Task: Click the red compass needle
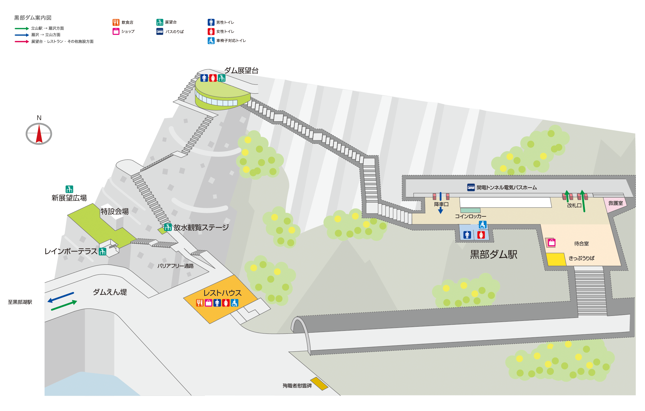coord(39,134)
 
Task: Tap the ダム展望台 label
coord(241,70)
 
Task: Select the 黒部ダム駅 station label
coord(494,254)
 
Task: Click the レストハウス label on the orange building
coord(223,293)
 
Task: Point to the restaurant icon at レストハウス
coord(200,303)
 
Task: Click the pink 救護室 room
coord(615,204)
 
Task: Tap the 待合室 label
coord(581,243)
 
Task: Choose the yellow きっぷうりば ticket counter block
coord(556,260)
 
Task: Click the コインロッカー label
coord(471,216)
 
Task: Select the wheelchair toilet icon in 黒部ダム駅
coord(483,225)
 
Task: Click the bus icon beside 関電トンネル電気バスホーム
coord(471,187)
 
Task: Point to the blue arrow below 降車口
coord(440,210)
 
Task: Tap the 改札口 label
coord(574,206)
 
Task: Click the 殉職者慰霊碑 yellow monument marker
coord(319,384)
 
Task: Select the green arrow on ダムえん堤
coord(64,305)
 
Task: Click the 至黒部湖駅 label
coord(20,302)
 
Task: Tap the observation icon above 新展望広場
coord(69,189)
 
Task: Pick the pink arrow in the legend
coord(22,42)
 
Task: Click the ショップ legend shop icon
coord(116,31)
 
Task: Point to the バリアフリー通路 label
coord(175,266)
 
